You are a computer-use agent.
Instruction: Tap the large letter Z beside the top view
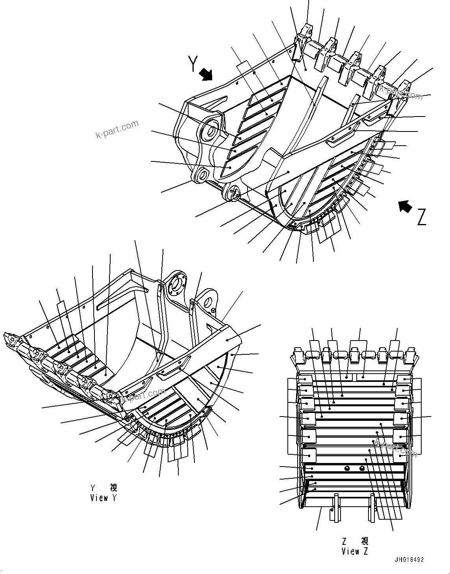tap(421, 217)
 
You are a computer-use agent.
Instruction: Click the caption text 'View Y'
tap(104, 498)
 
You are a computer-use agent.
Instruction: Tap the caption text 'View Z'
tap(355, 551)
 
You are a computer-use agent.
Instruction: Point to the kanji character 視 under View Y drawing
tap(113, 488)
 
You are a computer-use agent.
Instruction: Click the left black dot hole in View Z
tap(347, 468)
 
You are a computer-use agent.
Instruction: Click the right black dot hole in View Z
tap(362, 468)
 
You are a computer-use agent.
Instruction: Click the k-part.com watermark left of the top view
tap(117, 130)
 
